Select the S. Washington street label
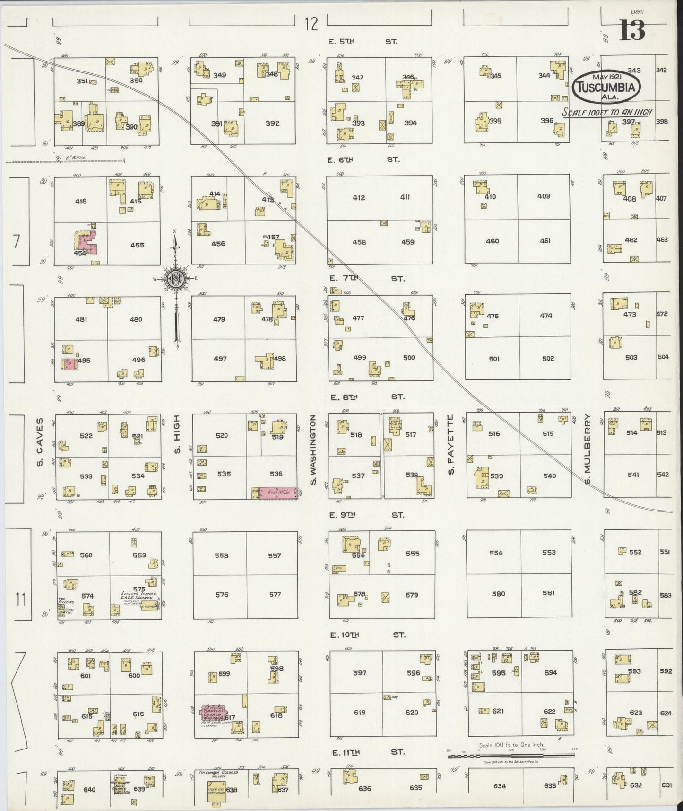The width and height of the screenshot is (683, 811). point(312,450)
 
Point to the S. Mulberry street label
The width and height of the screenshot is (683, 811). point(588,450)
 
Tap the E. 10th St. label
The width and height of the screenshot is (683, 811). point(366,635)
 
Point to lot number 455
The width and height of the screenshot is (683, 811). point(137,245)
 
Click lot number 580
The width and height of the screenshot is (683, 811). point(498,594)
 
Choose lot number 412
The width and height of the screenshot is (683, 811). point(359,197)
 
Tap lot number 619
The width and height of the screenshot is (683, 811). point(359,712)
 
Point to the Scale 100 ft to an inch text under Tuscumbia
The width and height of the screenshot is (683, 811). point(607,112)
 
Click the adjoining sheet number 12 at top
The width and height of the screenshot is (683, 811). point(311,23)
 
